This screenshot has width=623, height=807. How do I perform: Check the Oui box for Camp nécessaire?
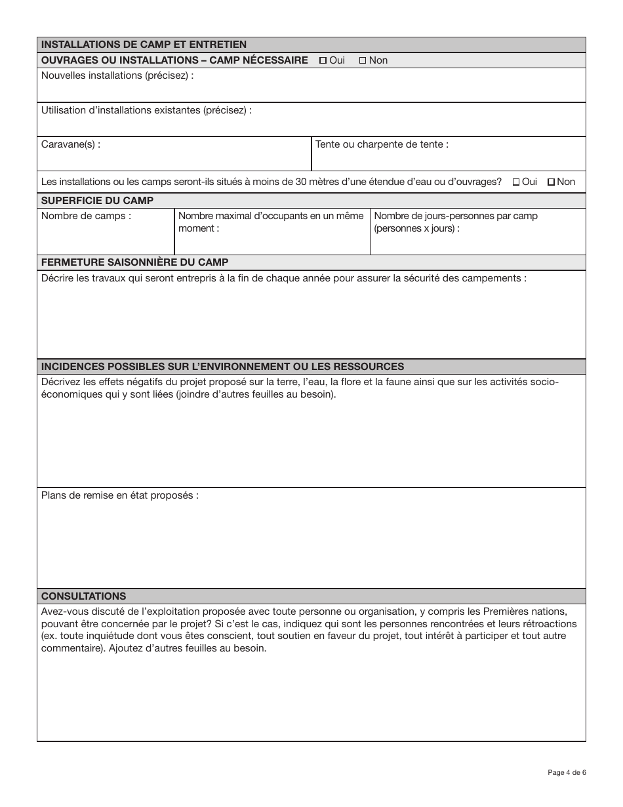tap(323, 60)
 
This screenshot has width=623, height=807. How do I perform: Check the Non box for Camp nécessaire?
tap(363, 60)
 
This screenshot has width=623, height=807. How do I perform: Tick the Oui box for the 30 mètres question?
tap(515, 182)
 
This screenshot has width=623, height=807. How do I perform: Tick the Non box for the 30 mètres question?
tap(551, 182)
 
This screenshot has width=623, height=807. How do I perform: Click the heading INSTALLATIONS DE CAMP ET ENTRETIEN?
tap(144, 45)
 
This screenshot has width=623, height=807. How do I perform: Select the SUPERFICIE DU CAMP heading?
tap(97, 201)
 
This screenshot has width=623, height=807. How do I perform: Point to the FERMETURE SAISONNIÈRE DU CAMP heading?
tap(134, 262)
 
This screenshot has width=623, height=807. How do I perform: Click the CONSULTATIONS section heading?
tap(83, 596)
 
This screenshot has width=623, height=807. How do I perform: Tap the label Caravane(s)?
tap(71, 144)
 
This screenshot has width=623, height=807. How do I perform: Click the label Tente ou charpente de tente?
tap(382, 144)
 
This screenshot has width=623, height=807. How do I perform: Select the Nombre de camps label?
tap(86, 216)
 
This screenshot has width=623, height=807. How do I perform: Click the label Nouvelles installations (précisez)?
tap(117, 75)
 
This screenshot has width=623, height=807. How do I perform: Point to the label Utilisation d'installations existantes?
tap(146, 110)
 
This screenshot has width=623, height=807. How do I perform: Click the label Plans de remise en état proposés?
tap(119, 495)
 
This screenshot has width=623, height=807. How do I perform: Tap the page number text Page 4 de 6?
tap(567, 772)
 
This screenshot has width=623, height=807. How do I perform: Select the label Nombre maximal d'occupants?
tap(271, 216)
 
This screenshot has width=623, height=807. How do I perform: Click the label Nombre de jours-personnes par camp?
tap(455, 216)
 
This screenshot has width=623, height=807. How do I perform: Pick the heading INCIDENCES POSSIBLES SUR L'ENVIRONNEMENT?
tap(222, 366)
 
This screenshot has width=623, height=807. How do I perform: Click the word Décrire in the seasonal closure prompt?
tap(58, 278)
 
